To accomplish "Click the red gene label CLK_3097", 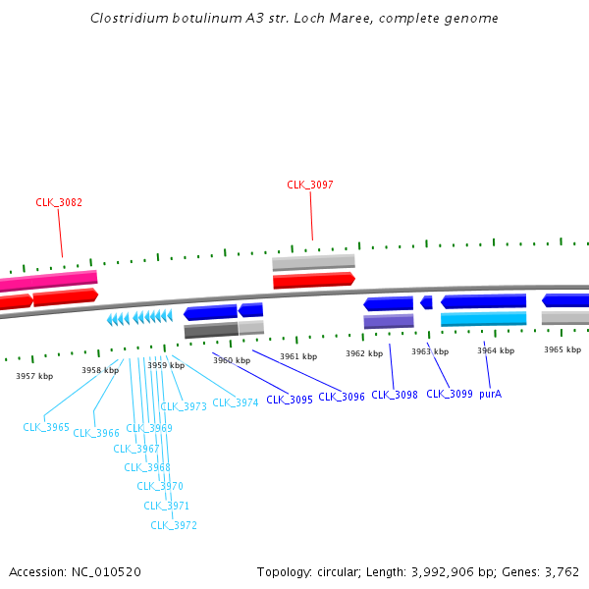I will [x=310, y=185].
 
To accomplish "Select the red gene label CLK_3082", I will [x=59, y=202].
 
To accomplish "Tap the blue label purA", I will [x=490, y=395].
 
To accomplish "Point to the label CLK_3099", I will [x=449, y=395].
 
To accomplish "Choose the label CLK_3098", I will [x=395, y=395].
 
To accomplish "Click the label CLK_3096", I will [x=342, y=397].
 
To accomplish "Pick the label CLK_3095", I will [x=290, y=400].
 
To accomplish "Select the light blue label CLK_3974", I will [x=236, y=402].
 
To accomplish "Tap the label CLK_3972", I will [x=174, y=525].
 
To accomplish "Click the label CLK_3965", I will [x=46, y=427].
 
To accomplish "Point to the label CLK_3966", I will [x=96, y=433].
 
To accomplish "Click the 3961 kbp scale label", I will [x=298, y=356].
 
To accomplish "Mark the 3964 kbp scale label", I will [x=496, y=350].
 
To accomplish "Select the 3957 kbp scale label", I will [x=34, y=375].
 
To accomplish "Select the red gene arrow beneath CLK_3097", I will [x=313, y=281].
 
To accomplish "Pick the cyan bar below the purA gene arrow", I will [x=483, y=319].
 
